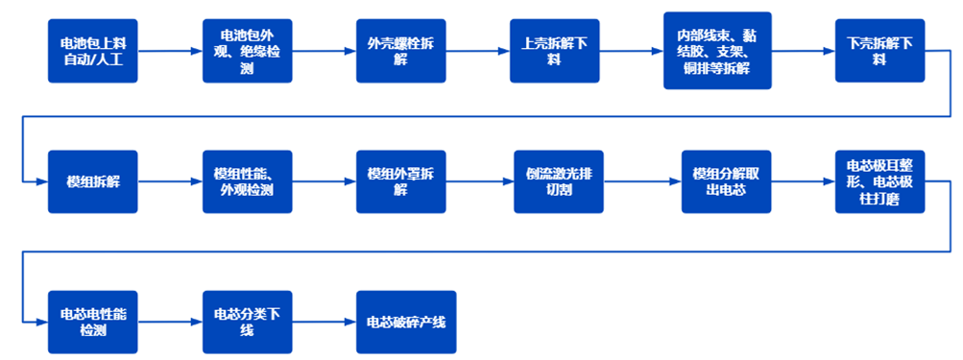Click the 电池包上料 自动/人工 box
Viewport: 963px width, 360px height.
pos(93,51)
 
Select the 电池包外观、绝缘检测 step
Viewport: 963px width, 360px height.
pos(246,51)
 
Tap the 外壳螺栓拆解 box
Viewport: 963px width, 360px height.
pos(400,51)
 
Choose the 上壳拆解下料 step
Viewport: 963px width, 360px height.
pos(554,51)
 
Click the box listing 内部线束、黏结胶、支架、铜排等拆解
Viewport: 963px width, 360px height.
pos(717,51)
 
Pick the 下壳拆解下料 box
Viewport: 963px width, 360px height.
pos(879,51)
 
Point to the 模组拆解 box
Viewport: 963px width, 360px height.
pos(93,181)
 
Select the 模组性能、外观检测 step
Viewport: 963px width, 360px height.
pos(246,181)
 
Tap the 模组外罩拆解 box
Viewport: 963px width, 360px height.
pos(400,181)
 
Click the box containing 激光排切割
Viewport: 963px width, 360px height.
pos(557,181)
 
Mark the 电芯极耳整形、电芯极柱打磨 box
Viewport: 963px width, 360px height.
pos(879,181)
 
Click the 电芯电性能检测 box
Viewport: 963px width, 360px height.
pos(93,322)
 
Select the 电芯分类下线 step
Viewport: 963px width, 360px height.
pos(246,322)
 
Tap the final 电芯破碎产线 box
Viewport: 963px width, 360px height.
pos(405,322)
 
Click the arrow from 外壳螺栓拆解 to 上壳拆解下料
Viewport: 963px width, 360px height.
pos(477,51)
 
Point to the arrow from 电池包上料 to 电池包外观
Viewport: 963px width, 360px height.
pos(170,51)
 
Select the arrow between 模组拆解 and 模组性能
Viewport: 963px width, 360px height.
pos(170,181)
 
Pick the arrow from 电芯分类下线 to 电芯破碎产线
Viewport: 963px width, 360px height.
pos(323,322)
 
